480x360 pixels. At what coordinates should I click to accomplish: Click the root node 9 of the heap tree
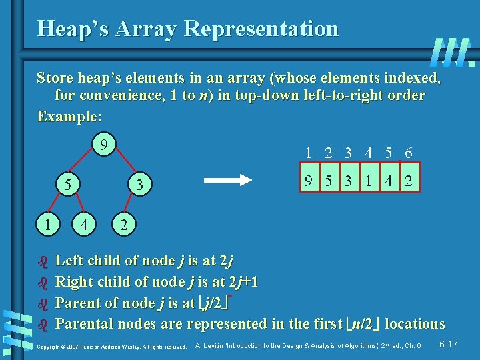pyautogui.click(x=101, y=145)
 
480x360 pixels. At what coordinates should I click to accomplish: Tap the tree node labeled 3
pyautogui.click(x=139, y=183)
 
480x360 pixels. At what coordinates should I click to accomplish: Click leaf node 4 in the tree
pyautogui.click(x=83, y=224)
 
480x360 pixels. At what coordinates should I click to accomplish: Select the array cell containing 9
pyautogui.click(x=308, y=180)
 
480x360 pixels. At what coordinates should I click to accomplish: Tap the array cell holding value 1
pyautogui.click(x=368, y=180)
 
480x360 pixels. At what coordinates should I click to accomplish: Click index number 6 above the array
pyautogui.click(x=408, y=153)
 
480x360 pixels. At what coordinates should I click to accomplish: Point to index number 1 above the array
pyautogui.click(x=308, y=153)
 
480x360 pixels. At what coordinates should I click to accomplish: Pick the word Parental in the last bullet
pyautogui.click(x=85, y=324)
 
